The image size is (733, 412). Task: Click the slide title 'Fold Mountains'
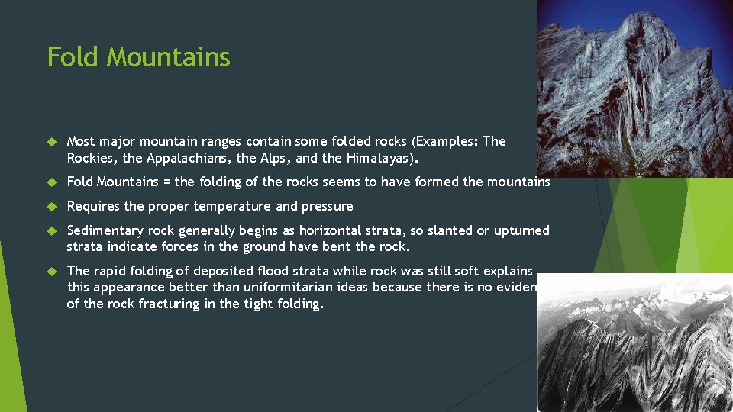(x=138, y=57)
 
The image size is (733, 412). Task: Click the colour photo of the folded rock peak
(x=634, y=88)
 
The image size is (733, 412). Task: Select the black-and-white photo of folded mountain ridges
(x=634, y=343)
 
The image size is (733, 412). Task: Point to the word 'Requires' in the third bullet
(x=92, y=206)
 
